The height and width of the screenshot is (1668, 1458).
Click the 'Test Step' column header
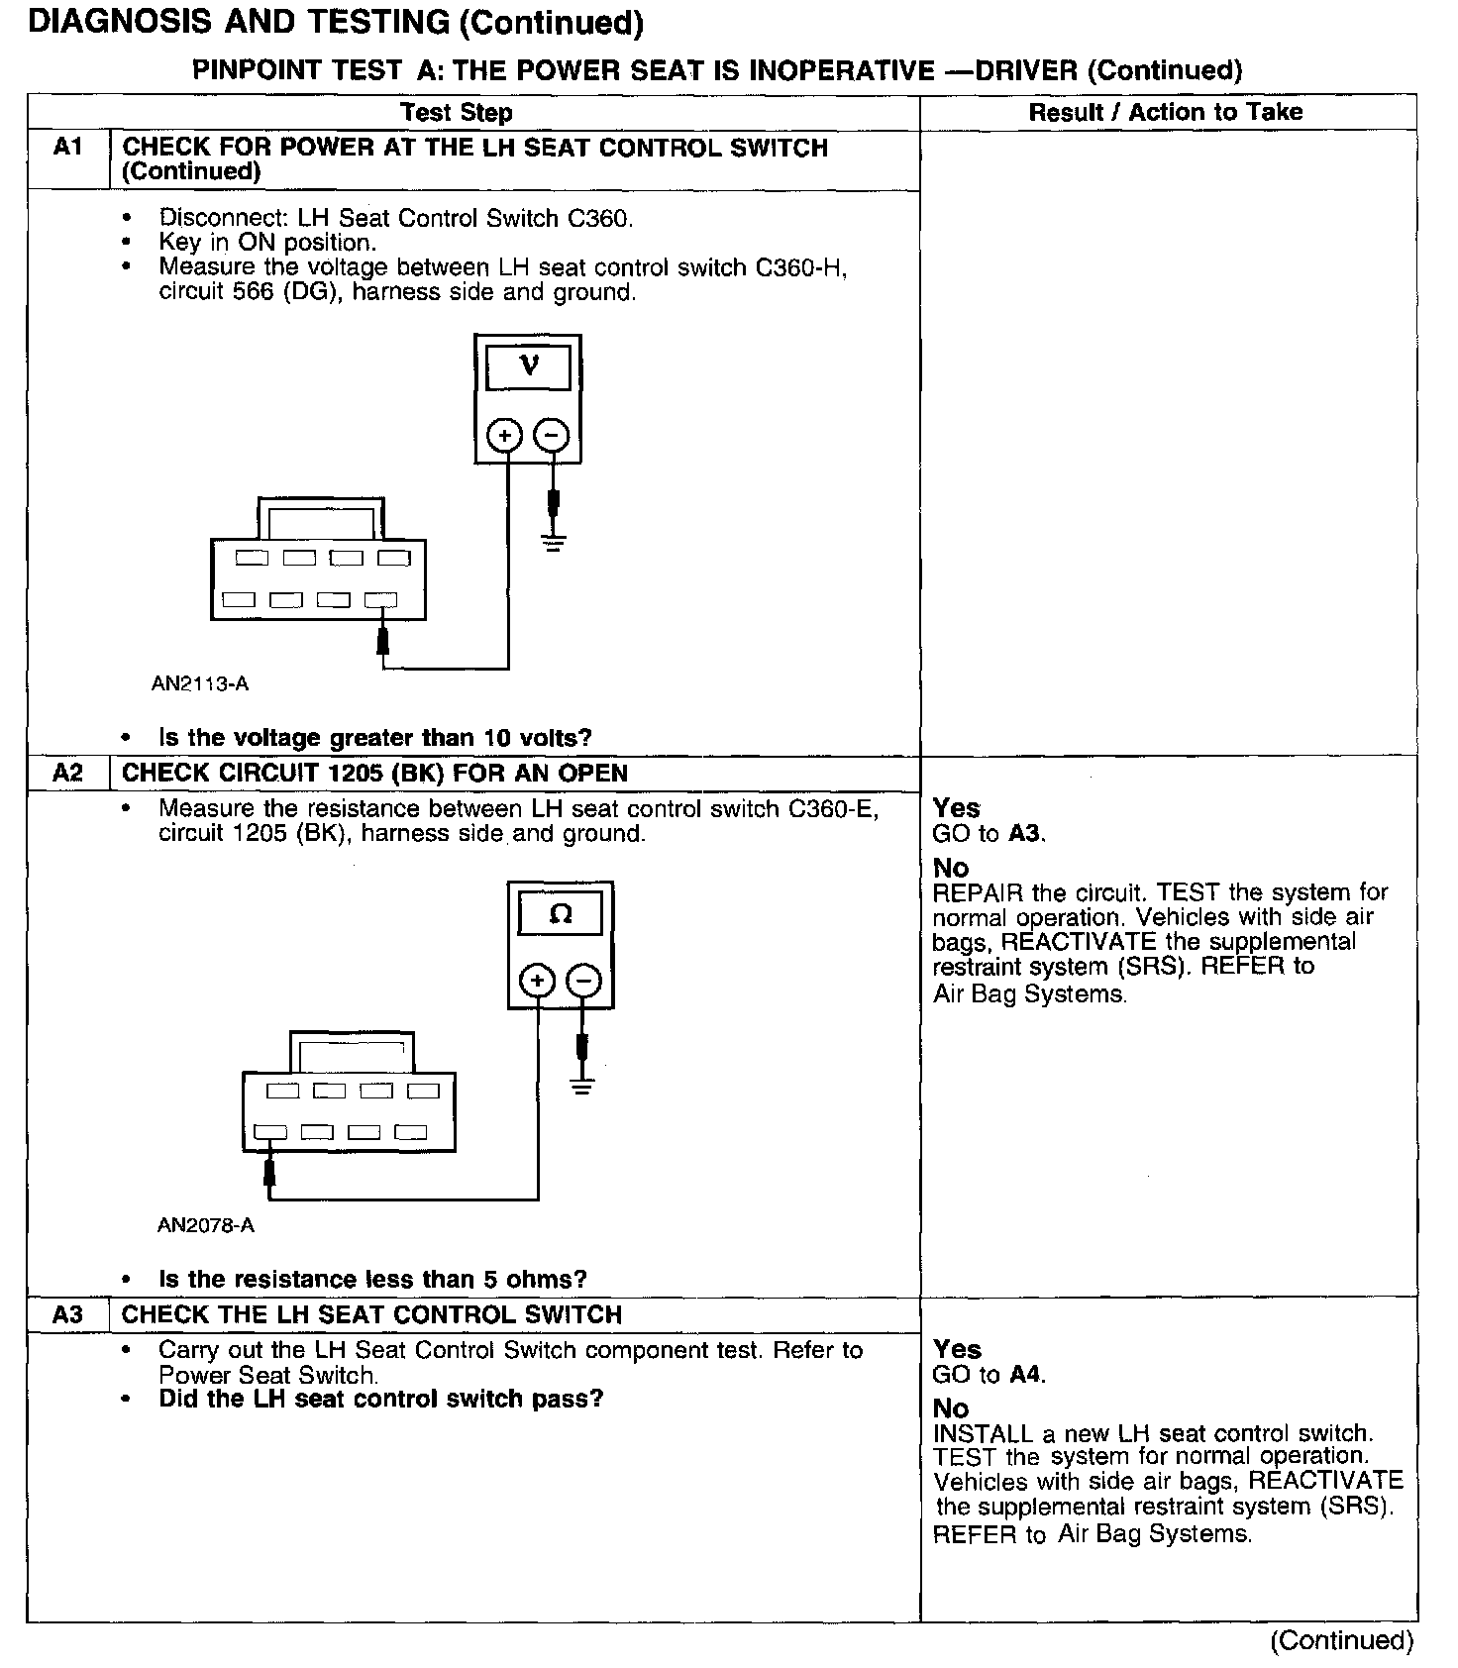point(457,113)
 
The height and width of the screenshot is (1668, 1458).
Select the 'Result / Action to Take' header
point(1166,112)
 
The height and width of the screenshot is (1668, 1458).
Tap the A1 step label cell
point(67,148)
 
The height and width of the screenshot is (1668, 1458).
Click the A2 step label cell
point(67,773)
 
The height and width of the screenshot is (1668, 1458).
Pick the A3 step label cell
point(67,1314)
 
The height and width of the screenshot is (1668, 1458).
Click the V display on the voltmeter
point(529,367)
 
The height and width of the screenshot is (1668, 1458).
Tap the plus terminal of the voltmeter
point(505,435)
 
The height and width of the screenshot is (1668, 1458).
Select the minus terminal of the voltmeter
point(553,435)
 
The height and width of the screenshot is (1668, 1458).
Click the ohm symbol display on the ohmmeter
point(561,914)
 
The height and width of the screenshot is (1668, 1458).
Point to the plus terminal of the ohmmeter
point(537,982)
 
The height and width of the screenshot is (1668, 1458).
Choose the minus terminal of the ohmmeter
point(584,982)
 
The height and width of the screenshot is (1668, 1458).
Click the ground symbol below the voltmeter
point(554,542)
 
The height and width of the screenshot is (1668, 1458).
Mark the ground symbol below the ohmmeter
point(582,1088)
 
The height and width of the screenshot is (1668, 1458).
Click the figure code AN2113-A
point(200,683)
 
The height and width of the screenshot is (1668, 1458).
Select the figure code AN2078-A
point(206,1225)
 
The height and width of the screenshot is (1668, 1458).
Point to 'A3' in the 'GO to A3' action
point(1025,834)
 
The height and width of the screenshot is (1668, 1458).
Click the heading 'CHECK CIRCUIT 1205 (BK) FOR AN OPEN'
point(374,773)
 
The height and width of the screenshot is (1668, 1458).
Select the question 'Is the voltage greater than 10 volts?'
point(374,738)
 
